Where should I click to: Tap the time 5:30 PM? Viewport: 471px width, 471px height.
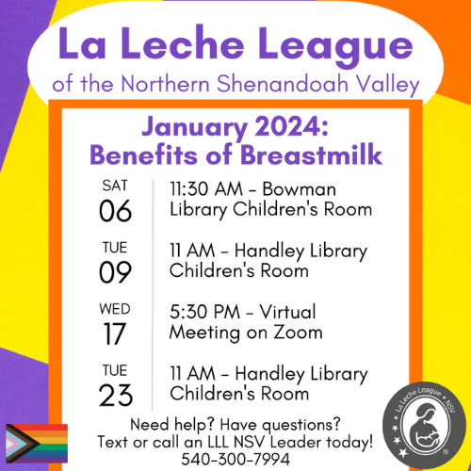pyautogui.click(x=204, y=312)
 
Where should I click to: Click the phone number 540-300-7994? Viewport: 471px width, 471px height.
pyautogui.click(x=235, y=458)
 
